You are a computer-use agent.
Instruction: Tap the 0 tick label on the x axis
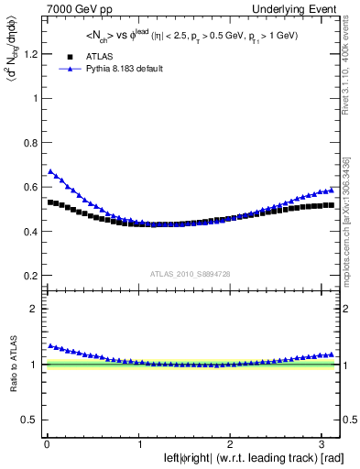[47, 444]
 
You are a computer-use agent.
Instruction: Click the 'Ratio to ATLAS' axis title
[11, 365]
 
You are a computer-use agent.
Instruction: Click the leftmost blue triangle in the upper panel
[51, 171]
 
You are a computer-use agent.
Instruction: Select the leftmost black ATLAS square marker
[51, 202]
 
